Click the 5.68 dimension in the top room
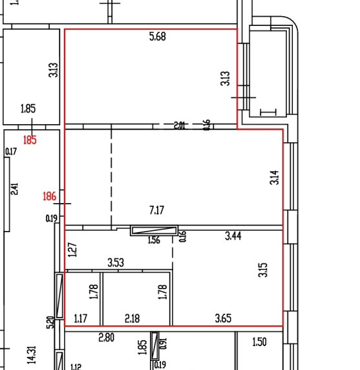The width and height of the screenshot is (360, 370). (157, 37)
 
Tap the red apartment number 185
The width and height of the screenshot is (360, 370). (30, 139)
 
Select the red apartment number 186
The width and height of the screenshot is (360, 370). (49, 196)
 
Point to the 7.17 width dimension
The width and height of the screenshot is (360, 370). (157, 210)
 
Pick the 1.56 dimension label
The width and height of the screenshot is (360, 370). (154, 241)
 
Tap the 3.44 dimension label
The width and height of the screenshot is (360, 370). (233, 237)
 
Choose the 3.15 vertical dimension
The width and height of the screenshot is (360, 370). (263, 270)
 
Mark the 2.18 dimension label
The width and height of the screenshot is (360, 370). (132, 318)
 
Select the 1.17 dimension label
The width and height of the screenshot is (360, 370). (81, 318)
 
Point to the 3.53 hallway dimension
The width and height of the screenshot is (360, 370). (115, 263)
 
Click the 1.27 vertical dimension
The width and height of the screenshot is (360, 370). (72, 248)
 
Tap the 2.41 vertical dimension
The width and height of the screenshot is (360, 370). (15, 189)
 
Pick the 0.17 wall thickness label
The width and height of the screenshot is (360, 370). (11, 152)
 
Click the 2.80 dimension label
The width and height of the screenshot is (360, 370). (106, 338)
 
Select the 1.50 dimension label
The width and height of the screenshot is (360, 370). (259, 342)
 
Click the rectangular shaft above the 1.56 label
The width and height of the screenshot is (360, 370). (154, 230)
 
